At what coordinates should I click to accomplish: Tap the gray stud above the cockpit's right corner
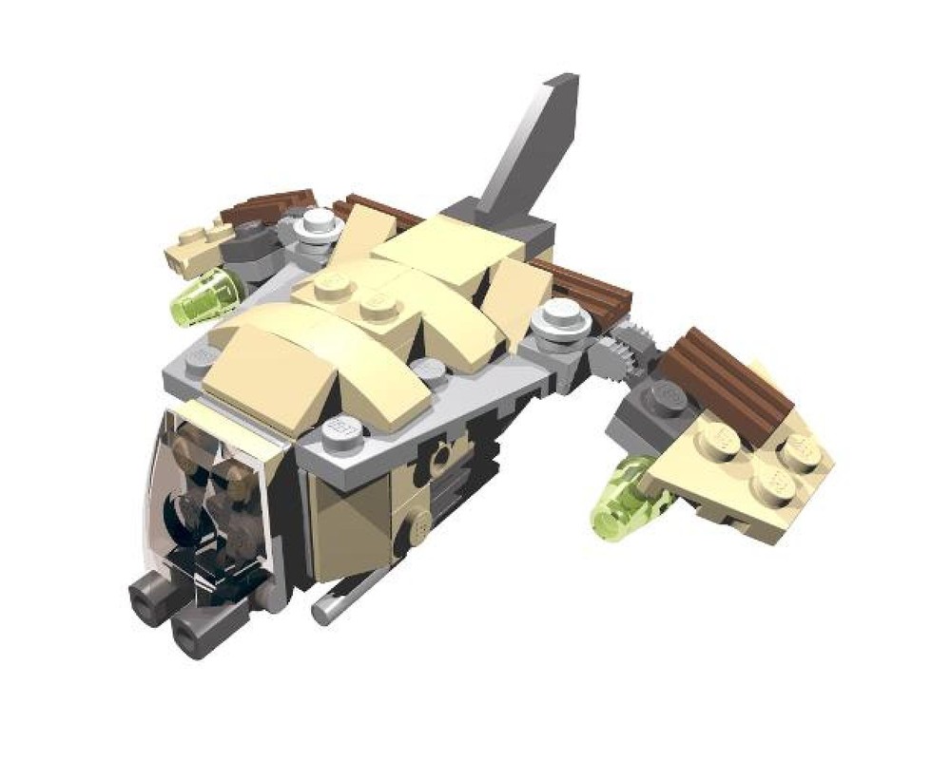(x=342, y=433)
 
